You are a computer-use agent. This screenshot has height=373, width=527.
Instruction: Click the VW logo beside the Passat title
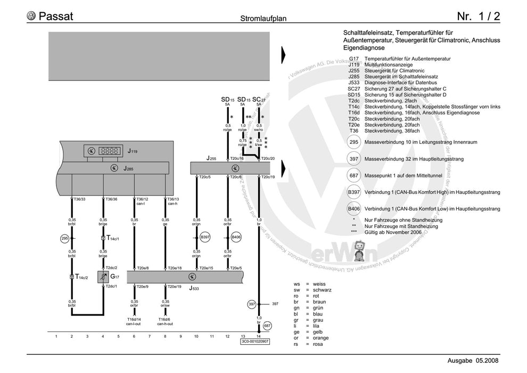[32, 16]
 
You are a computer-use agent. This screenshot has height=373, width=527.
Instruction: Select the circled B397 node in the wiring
[205, 237]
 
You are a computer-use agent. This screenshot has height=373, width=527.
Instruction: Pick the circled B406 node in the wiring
[236, 237]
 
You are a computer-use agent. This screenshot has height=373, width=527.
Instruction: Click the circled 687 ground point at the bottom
[267, 325]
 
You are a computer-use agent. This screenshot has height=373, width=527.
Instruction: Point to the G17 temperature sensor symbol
[103, 277]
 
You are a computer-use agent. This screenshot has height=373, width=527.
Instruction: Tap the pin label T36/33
[79, 199]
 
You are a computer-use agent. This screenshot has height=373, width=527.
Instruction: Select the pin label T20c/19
[267, 176]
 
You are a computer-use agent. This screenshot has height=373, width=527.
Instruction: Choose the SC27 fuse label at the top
[259, 100]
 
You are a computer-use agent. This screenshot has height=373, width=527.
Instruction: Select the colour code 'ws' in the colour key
[297, 284]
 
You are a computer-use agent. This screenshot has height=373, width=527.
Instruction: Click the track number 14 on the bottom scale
[259, 336]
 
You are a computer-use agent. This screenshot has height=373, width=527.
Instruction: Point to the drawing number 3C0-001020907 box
[255, 342]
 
